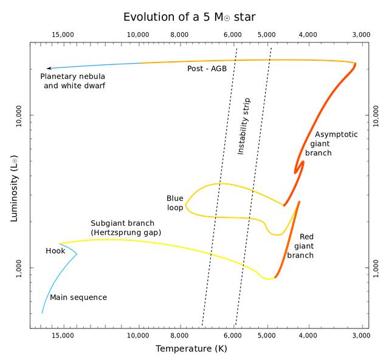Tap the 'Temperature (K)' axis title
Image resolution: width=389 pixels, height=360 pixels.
click(191, 348)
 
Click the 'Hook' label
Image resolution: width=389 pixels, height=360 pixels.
click(55, 251)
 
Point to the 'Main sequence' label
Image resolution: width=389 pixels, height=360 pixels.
click(78, 297)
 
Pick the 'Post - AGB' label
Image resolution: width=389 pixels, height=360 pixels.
click(206, 69)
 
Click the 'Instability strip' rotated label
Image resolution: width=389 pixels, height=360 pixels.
click(244, 125)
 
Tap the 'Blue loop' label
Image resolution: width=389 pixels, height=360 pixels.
click(175, 203)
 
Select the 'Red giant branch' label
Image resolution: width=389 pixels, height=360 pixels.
click(303, 246)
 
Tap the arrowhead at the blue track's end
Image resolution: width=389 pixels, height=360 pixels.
click(49, 68)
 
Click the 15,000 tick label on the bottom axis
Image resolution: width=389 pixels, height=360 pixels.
click(63, 335)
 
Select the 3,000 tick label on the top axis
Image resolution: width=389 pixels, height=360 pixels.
click(361, 35)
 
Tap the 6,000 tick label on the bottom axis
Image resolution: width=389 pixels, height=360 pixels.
click(233, 335)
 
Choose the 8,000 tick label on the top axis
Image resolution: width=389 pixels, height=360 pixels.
click(180, 35)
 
